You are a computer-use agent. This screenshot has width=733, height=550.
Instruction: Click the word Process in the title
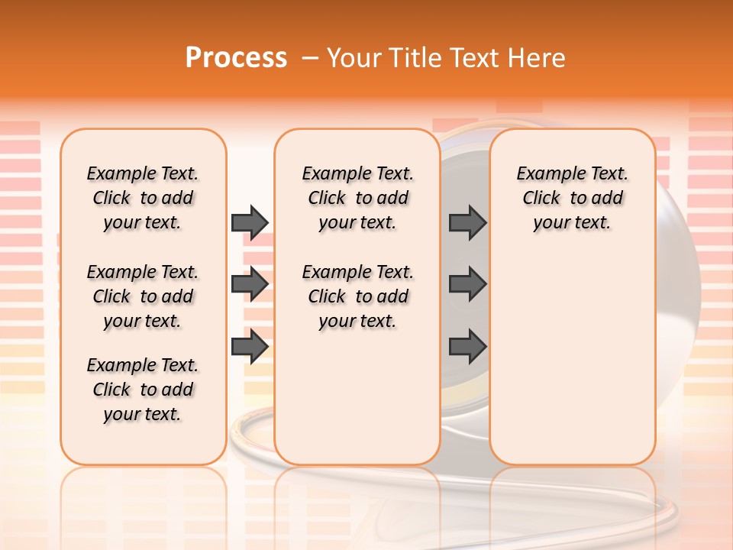click(x=236, y=58)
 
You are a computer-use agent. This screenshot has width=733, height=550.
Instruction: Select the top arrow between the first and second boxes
click(x=250, y=222)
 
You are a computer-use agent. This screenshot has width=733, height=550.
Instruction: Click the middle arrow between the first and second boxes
click(x=250, y=285)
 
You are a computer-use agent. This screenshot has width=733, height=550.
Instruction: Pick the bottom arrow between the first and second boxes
click(x=250, y=346)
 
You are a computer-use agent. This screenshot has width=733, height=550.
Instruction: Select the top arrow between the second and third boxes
click(x=467, y=222)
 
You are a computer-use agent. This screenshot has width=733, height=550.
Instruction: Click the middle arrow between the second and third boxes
click(x=467, y=285)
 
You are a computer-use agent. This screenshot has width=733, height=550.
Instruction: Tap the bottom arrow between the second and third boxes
click(x=467, y=346)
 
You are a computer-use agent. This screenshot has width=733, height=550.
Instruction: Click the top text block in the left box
click(x=143, y=198)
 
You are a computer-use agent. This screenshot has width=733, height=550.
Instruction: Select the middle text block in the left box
click(x=143, y=296)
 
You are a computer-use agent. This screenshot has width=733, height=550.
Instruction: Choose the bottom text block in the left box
click(x=143, y=390)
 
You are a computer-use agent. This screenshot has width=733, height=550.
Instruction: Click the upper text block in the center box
click(x=357, y=198)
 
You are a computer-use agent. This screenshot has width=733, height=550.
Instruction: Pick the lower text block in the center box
click(x=357, y=296)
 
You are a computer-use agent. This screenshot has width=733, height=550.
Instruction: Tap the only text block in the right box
click(x=572, y=198)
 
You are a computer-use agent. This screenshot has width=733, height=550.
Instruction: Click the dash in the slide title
click(x=310, y=58)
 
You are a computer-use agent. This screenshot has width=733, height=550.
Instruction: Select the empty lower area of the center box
click(x=357, y=397)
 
